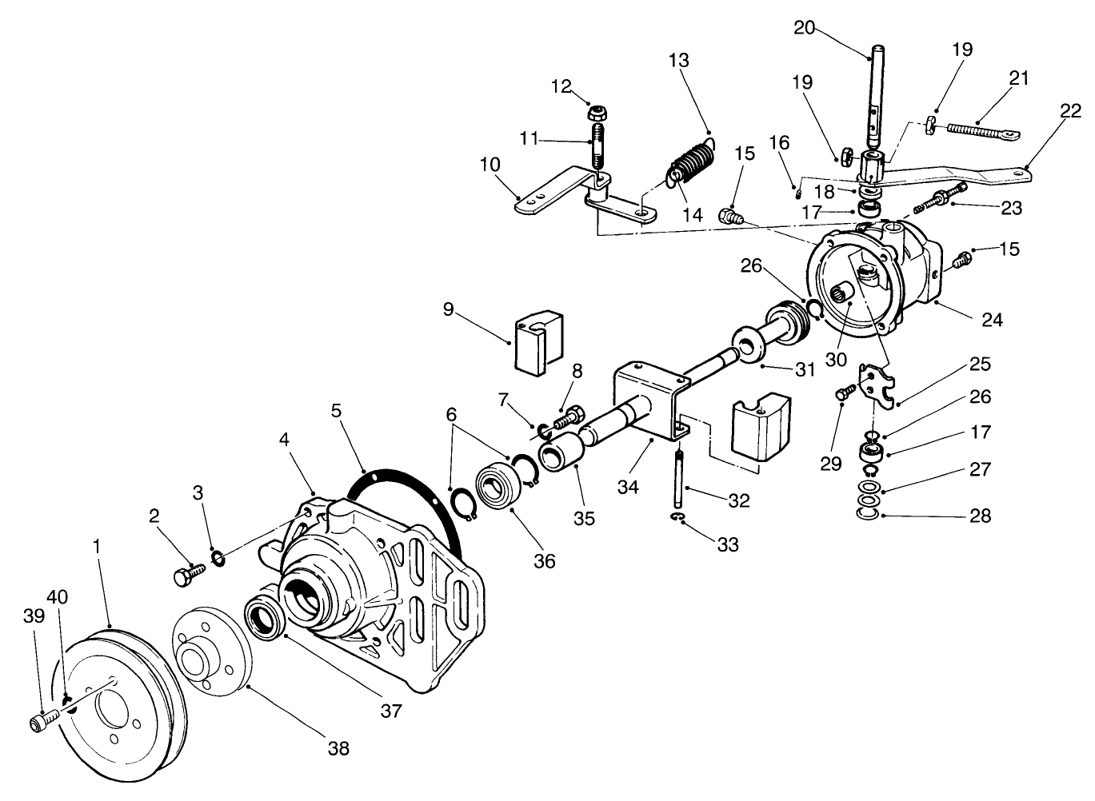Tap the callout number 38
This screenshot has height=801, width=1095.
338,748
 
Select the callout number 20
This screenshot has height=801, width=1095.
805,28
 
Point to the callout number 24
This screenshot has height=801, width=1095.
992,319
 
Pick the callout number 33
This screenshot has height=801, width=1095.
728,544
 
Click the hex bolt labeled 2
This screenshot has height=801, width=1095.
186,572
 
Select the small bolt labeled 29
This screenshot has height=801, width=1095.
842,393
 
